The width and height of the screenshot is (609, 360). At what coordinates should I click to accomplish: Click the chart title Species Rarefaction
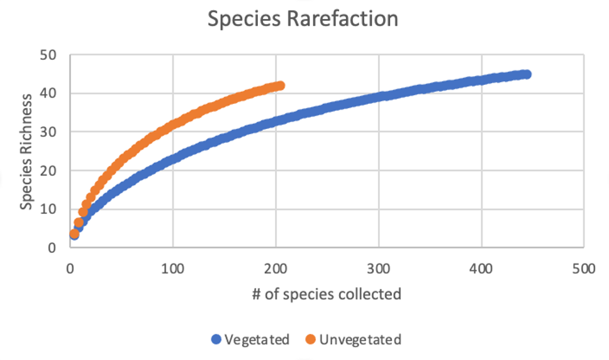tap(303, 19)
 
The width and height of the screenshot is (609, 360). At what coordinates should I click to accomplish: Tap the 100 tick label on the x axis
tap(172, 269)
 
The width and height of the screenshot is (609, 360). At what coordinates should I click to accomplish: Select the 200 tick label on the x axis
tap(276, 269)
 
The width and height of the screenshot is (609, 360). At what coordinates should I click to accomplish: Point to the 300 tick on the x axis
tap(378, 269)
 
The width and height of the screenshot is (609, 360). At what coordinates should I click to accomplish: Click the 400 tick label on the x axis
tap(481, 269)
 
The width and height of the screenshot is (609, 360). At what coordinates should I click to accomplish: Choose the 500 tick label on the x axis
tap(584, 269)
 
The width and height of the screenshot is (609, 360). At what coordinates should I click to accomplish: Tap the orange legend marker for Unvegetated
tap(310, 340)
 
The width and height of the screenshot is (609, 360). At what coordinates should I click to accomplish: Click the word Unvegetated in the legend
tap(360, 340)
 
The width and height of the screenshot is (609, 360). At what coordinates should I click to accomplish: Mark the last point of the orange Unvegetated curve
tap(280, 86)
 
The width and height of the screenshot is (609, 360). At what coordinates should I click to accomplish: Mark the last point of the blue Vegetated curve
tap(527, 74)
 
